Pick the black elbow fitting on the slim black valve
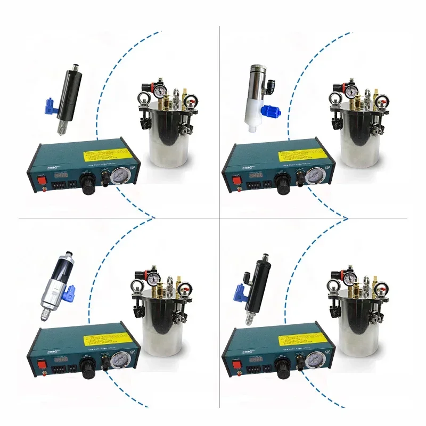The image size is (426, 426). (247, 277)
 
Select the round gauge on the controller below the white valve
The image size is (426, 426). (315, 176)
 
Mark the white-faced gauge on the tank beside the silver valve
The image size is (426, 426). (152, 277)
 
